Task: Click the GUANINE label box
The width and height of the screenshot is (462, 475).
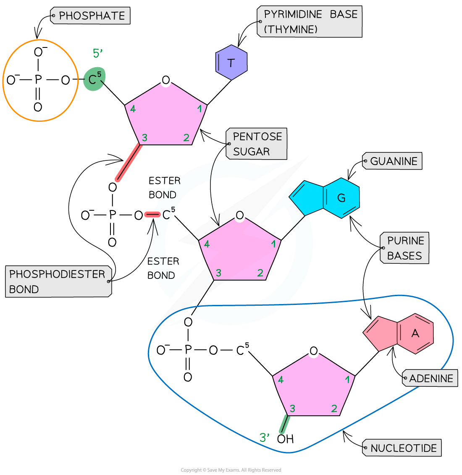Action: (394, 161)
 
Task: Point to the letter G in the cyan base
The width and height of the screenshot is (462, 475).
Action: (341, 197)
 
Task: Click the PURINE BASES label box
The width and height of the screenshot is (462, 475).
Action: (405, 248)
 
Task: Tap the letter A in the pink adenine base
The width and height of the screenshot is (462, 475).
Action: (415, 333)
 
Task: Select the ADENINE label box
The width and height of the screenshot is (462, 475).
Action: (431, 378)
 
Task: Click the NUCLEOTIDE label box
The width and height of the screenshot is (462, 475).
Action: (403, 448)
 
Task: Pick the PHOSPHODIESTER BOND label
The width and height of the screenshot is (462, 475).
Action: (57, 281)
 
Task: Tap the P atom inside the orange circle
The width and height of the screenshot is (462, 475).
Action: (38, 79)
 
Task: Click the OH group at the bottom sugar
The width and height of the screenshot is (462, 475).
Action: (285, 439)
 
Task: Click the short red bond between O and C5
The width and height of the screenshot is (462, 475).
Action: (152, 215)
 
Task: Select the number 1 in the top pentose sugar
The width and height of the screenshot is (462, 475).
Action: (199, 109)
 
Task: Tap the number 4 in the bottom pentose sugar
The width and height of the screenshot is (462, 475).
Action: (281, 380)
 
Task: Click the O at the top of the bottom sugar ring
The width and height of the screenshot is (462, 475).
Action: (313, 351)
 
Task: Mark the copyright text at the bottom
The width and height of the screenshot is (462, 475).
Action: (231, 470)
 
